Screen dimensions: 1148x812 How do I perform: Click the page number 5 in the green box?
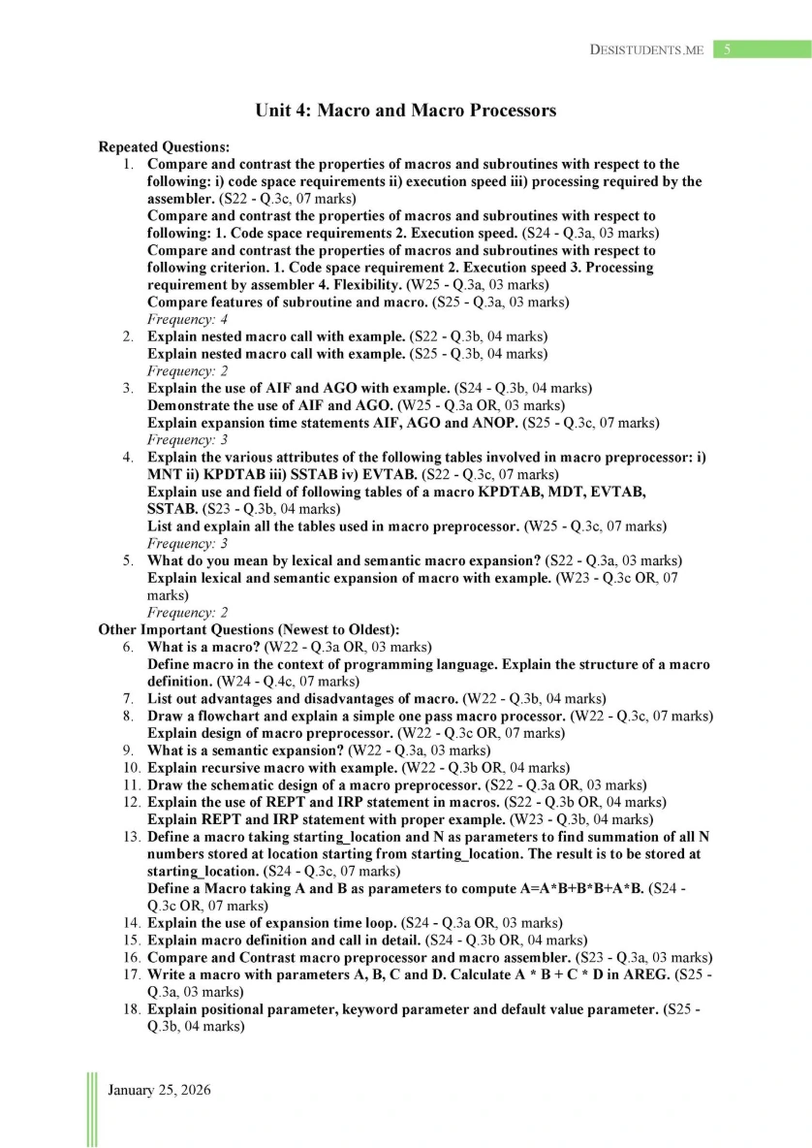(x=728, y=49)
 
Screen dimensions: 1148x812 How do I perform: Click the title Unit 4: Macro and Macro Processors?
(x=405, y=111)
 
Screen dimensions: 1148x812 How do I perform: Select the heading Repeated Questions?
(x=164, y=147)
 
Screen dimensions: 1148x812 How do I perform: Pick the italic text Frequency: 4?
(x=187, y=319)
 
